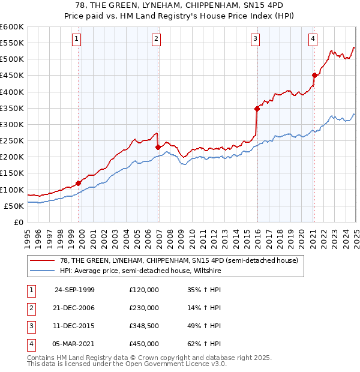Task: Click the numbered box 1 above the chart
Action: pyautogui.click(x=77, y=40)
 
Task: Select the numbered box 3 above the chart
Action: pyautogui.click(x=255, y=40)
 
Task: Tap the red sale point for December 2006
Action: pyautogui.click(x=158, y=146)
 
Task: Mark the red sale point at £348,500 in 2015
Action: pyautogui.click(x=257, y=109)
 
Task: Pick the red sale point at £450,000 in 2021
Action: pyautogui.click(x=314, y=75)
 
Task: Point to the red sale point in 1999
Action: pyautogui.click(x=79, y=183)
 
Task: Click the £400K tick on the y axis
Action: pyautogui.click(x=12, y=92)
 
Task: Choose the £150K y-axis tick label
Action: pyautogui.click(x=12, y=173)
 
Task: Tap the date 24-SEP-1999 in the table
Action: pyautogui.click(x=74, y=290)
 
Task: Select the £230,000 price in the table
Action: pyautogui.click(x=143, y=308)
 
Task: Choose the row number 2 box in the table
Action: pyautogui.click(x=29, y=308)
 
